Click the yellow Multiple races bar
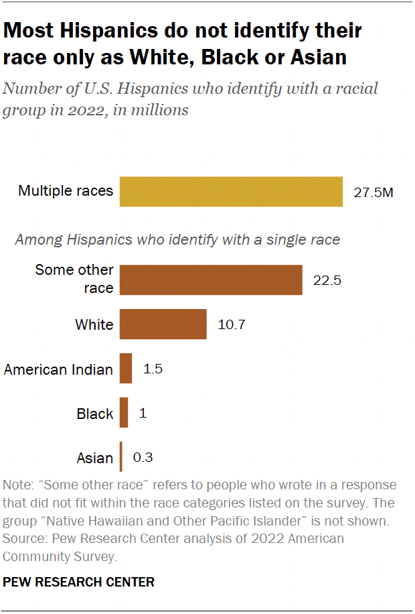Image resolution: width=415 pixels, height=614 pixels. pyautogui.click(x=231, y=192)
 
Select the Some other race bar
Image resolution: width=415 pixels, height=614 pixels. pyautogui.click(x=211, y=280)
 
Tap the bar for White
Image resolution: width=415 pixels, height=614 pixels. pyautogui.click(x=163, y=324)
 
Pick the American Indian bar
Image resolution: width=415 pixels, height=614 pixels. pyautogui.click(x=126, y=369)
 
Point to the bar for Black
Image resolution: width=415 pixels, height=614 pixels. pyautogui.click(x=124, y=413)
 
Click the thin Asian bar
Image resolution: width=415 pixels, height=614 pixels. pyautogui.click(x=120, y=457)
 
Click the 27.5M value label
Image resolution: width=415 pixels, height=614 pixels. pyautogui.click(x=373, y=192)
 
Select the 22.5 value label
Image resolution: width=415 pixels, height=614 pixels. pyautogui.click(x=327, y=280)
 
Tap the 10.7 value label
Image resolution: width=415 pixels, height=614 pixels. pyautogui.click(x=232, y=325)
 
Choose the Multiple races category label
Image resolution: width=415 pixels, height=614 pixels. pyautogui.click(x=66, y=192)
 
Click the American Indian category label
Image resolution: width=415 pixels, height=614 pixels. pyautogui.click(x=58, y=369)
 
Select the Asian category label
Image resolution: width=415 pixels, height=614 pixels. pyautogui.click(x=95, y=458)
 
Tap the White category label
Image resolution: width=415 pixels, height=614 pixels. pyautogui.click(x=94, y=325)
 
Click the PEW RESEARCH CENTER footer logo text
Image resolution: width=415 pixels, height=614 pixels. pyautogui.click(x=78, y=582)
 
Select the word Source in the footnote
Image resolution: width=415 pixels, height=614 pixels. pyautogui.click(x=23, y=538)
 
